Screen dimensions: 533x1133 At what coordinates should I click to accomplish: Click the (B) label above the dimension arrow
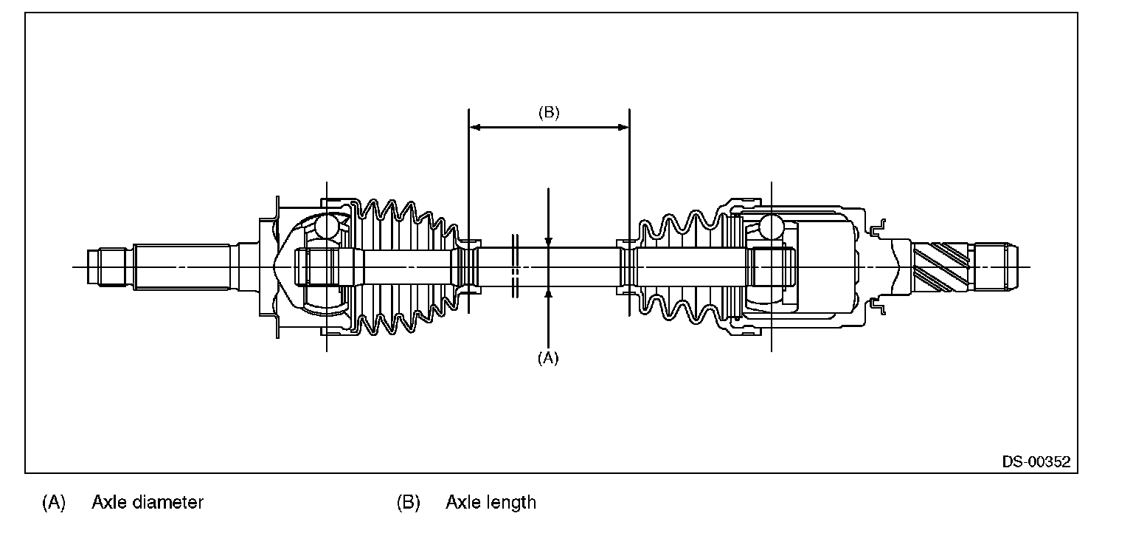point(549,113)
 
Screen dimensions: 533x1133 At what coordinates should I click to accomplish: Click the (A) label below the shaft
point(547,358)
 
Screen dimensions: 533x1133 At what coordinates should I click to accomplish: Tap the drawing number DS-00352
point(1036,462)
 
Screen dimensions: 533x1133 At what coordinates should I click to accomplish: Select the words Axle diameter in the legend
point(148,503)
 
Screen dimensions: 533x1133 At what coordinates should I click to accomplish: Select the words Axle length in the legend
point(491,503)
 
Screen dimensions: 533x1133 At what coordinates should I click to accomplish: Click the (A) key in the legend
point(54,503)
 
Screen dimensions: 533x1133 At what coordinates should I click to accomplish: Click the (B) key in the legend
point(408,503)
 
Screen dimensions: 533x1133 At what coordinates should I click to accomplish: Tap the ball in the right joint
point(771,225)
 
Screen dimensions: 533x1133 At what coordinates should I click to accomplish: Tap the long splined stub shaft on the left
point(184,266)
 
